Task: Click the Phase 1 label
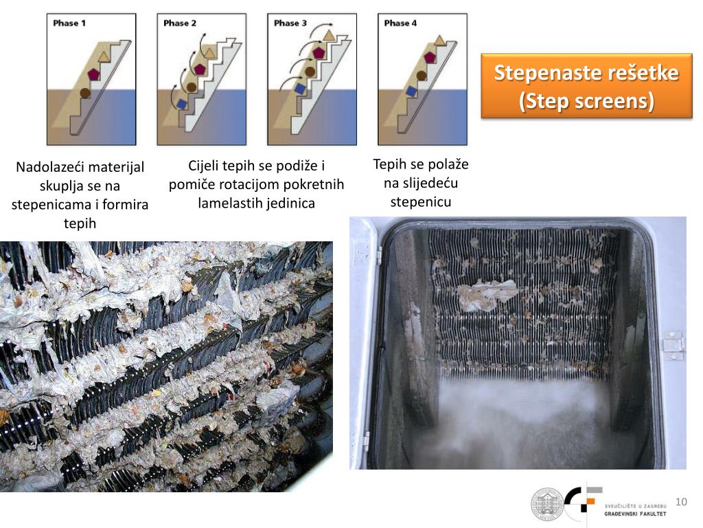(x=69, y=23)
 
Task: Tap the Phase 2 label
(x=180, y=23)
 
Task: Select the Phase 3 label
(x=290, y=23)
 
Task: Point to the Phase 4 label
(x=400, y=23)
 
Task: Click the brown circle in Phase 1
(x=85, y=93)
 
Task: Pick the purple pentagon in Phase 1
(x=93, y=74)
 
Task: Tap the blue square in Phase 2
(x=181, y=104)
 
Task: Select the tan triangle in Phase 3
(x=329, y=35)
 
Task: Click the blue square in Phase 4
(x=411, y=91)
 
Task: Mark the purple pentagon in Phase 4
(x=430, y=58)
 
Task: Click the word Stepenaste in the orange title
(x=547, y=73)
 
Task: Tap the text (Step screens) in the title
(x=586, y=100)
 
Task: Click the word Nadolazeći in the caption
(x=43, y=168)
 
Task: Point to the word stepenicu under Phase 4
(x=421, y=202)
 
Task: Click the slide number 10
(x=681, y=501)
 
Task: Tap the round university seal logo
(x=547, y=504)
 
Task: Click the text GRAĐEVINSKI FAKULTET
(x=635, y=514)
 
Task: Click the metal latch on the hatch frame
(x=673, y=345)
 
